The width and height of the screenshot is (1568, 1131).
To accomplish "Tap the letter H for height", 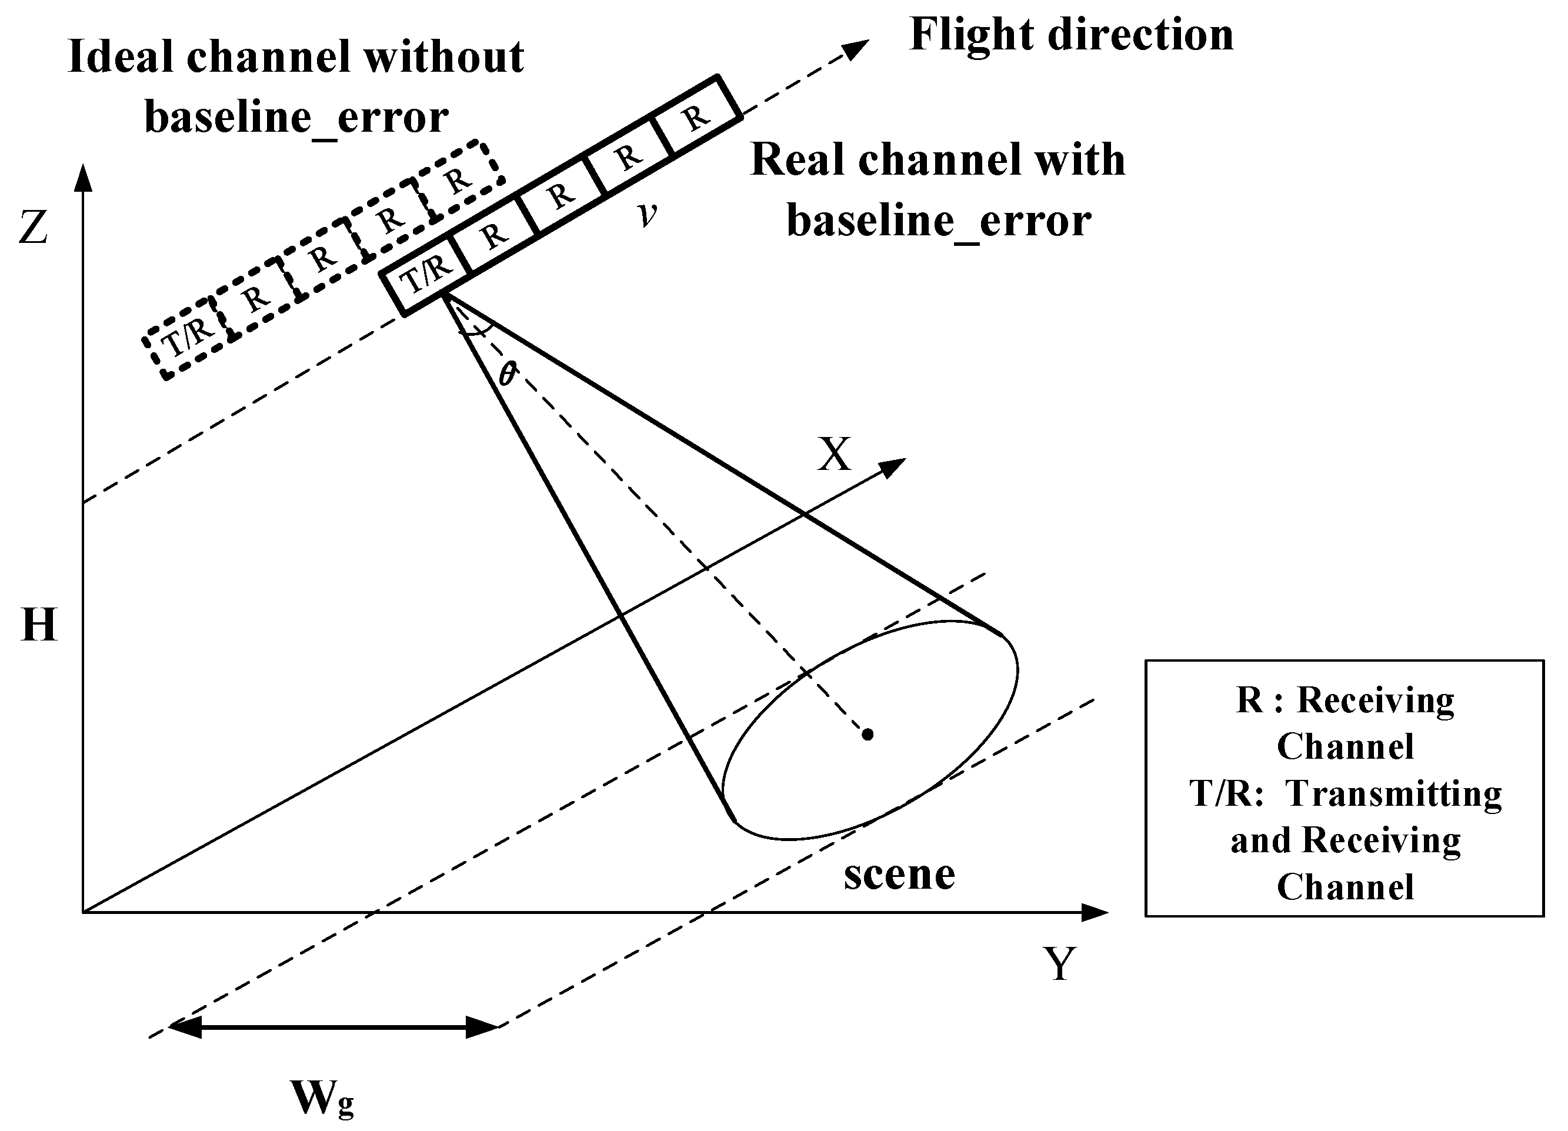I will point(39,625).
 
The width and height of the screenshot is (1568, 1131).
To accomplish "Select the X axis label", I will point(834,455).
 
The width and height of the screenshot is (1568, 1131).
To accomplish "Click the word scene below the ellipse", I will point(899,874).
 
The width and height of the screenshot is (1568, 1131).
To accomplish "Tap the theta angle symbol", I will point(508,374).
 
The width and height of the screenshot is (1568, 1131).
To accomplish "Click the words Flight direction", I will point(1071,35).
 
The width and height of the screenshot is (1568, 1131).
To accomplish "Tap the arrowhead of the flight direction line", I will point(858,48).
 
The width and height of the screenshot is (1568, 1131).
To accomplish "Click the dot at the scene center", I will point(868,734).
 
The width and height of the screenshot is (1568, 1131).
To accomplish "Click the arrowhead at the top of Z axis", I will point(84,178).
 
